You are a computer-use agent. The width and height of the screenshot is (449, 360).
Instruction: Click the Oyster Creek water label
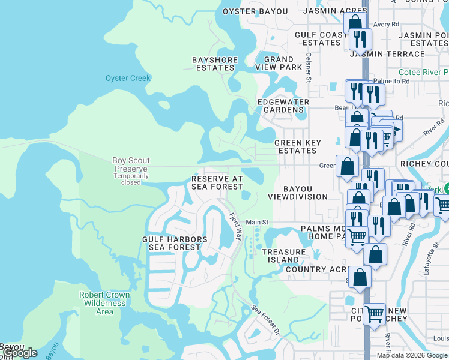[128, 78]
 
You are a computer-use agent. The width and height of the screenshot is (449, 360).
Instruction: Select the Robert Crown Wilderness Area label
[105, 303]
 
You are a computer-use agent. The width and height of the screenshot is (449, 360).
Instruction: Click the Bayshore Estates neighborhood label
[215, 64]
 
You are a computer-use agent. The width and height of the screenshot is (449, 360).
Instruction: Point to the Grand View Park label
[279, 63]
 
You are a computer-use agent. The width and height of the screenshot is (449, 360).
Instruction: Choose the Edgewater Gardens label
[283, 106]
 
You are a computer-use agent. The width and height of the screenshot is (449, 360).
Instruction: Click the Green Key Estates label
[297, 146]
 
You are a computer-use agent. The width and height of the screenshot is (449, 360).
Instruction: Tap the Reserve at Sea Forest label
[217, 182]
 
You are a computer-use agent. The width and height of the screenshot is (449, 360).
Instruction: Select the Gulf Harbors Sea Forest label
[175, 243]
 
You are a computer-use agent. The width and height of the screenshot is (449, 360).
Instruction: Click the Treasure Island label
[280, 256]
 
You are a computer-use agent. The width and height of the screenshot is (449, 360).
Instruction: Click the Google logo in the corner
[20, 353]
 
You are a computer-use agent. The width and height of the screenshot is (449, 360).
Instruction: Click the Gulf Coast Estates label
[321, 38]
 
